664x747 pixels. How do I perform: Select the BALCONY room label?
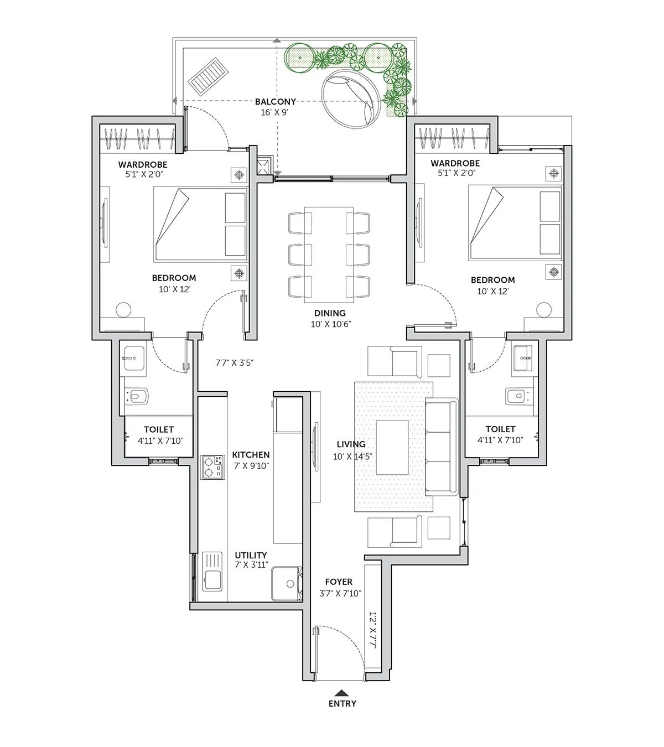tap(275, 102)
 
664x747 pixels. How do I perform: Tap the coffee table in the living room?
tap(392, 447)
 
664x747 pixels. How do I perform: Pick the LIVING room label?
tap(351, 444)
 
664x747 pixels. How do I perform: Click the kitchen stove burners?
tap(213, 466)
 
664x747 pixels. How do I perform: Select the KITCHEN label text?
tap(251, 455)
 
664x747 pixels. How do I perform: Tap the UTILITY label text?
tap(251, 555)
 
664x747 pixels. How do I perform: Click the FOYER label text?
tap(339, 582)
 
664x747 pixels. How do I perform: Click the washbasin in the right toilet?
tap(523, 359)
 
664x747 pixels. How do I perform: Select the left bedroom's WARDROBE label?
tap(143, 164)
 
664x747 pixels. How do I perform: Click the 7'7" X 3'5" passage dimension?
tap(234, 363)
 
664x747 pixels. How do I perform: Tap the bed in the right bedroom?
tap(515, 222)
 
